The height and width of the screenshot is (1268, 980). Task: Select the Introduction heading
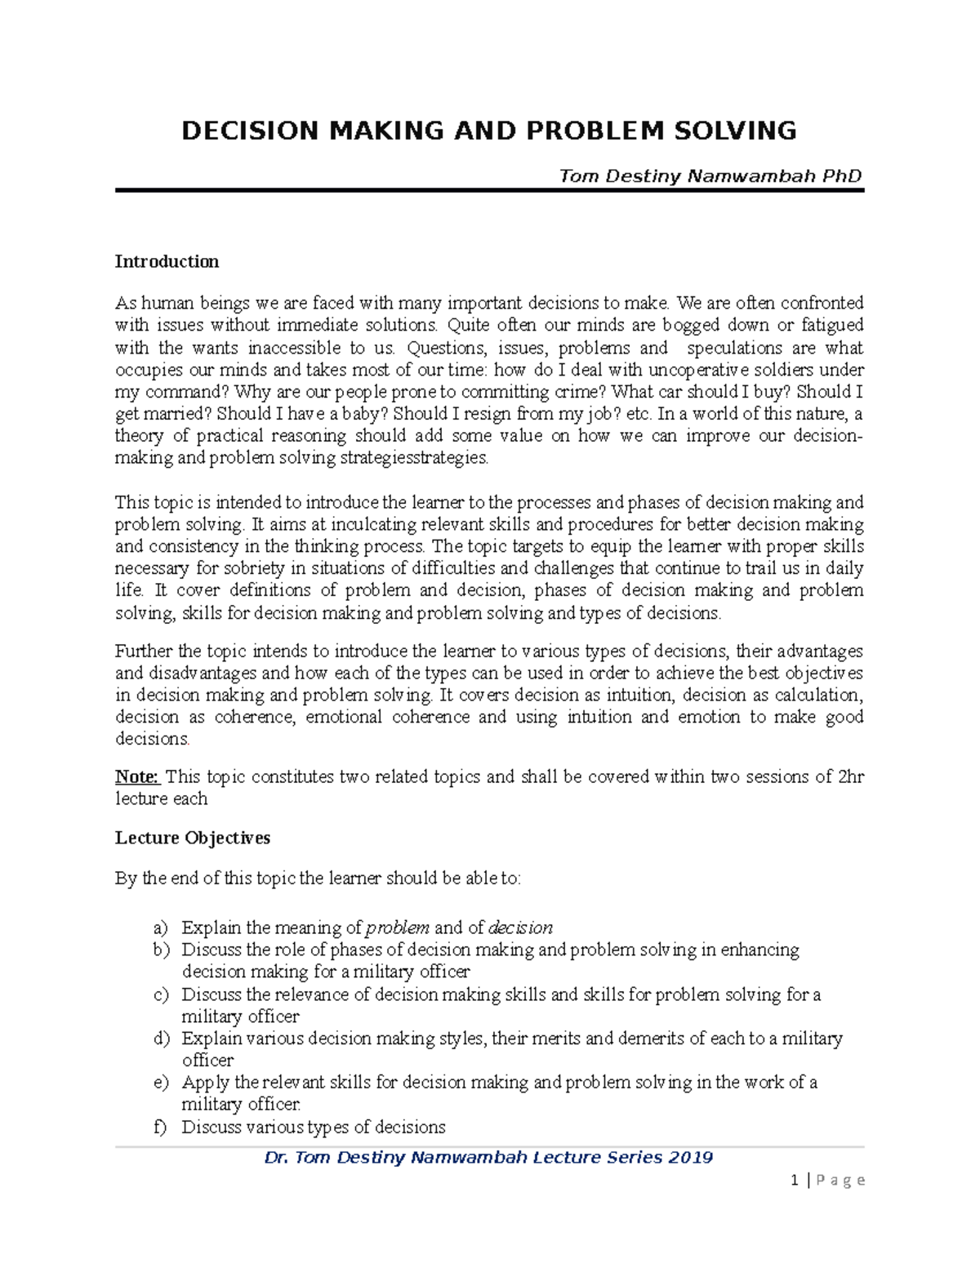click(167, 261)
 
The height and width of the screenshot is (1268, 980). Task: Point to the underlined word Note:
click(136, 776)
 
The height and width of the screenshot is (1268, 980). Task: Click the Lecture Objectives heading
click(192, 838)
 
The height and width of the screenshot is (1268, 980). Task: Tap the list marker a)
click(160, 928)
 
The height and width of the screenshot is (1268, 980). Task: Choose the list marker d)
click(160, 1039)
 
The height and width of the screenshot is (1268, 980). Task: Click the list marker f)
click(160, 1128)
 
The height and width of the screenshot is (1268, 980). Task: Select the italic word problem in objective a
click(398, 928)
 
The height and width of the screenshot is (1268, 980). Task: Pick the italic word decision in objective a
click(520, 928)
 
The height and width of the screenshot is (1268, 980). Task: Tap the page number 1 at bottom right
click(794, 1180)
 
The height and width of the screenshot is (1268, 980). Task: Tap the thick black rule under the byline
click(489, 191)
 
